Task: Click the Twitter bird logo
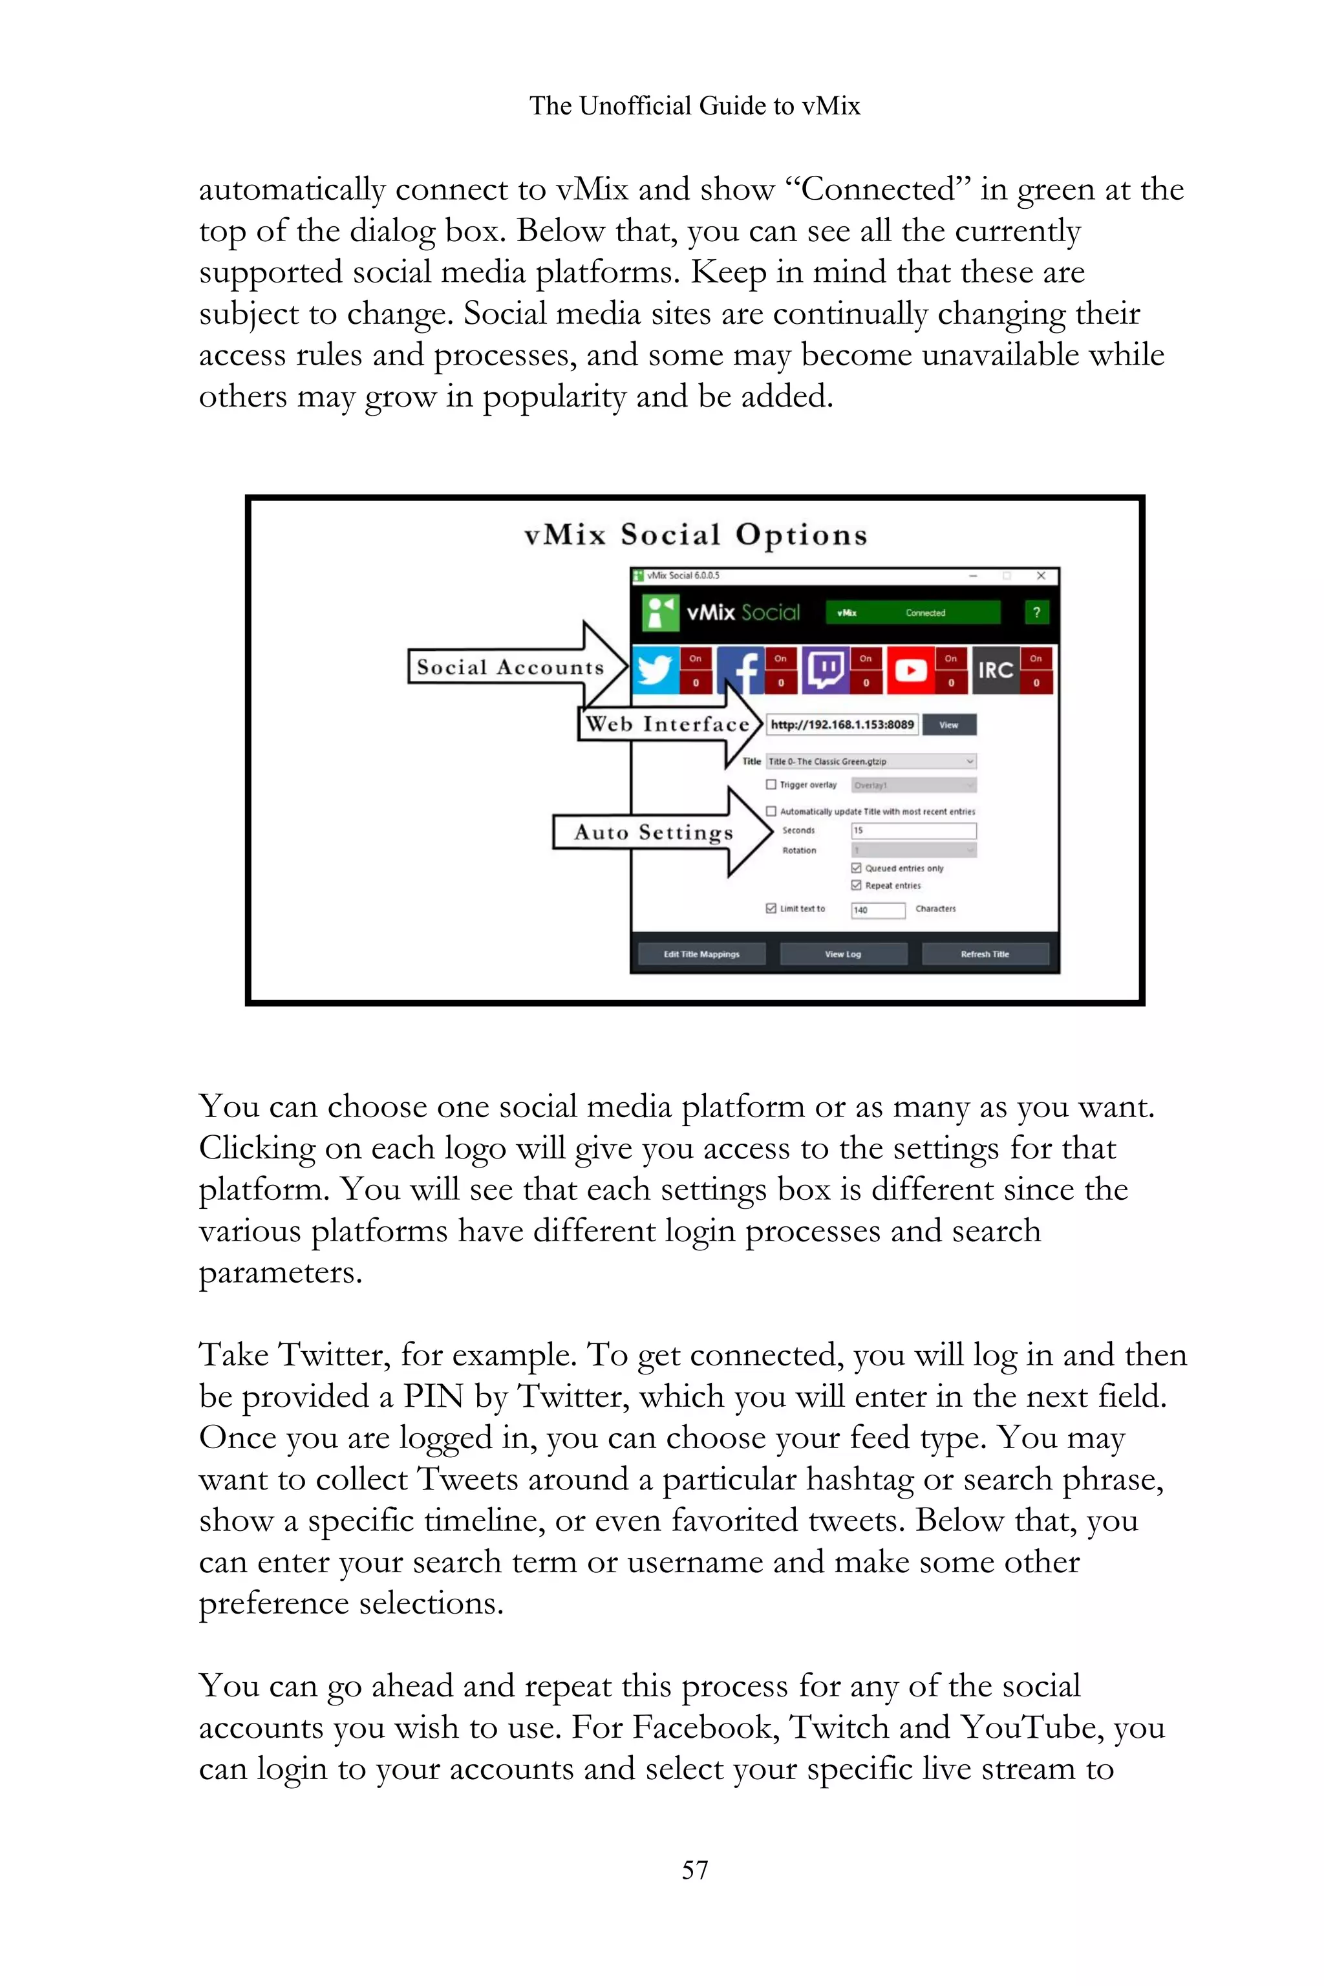point(656,670)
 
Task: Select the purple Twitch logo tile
point(826,670)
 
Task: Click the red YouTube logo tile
point(910,670)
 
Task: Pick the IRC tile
point(996,670)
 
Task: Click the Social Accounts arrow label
point(510,667)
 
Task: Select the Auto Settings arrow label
point(654,833)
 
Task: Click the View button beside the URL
point(949,725)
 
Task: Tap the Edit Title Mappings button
point(701,954)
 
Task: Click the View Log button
point(843,954)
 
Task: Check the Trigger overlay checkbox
point(771,784)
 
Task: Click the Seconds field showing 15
point(913,831)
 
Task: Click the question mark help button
point(1036,613)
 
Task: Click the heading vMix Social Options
point(695,535)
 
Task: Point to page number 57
point(695,1870)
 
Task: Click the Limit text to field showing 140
point(878,910)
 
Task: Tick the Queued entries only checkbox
point(856,868)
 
